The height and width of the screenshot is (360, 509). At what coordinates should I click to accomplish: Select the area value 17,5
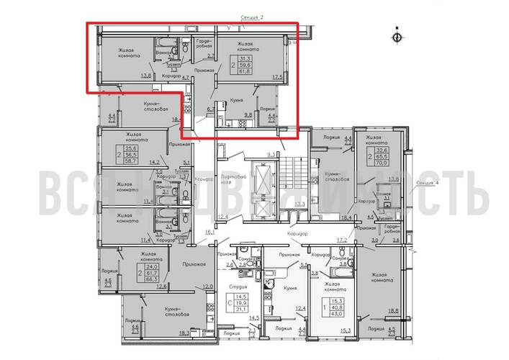point(276,75)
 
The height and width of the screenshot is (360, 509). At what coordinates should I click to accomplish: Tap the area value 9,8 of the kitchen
point(248,112)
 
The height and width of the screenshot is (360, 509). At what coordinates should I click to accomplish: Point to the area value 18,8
point(394,310)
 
